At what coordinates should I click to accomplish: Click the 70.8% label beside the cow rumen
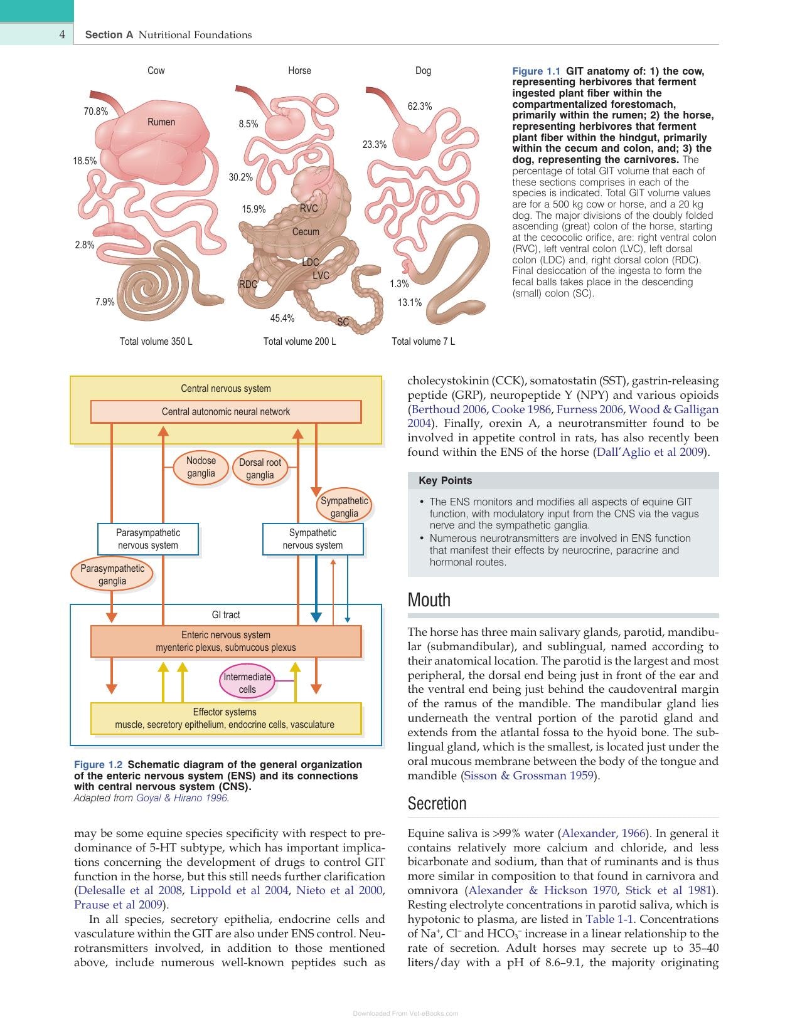[95, 111]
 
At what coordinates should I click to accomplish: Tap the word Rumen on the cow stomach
[161, 122]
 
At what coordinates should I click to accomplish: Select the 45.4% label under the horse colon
[282, 318]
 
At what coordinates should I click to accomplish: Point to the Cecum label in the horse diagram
[306, 232]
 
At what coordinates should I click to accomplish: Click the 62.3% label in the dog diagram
[420, 107]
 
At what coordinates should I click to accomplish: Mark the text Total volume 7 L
[423, 342]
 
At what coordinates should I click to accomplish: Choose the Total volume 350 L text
[156, 342]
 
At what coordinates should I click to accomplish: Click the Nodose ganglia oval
[201, 468]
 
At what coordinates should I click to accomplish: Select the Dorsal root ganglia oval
[260, 468]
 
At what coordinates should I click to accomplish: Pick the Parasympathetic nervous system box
[148, 539]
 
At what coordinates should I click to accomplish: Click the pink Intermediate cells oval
[247, 683]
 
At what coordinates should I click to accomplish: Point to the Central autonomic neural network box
[226, 412]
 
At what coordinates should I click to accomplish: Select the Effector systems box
[226, 719]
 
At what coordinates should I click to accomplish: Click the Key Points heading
[445, 481]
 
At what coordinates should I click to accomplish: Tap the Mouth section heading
[429, 600]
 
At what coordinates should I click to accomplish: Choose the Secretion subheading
[437, 804]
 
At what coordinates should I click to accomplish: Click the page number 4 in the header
[61, 34]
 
